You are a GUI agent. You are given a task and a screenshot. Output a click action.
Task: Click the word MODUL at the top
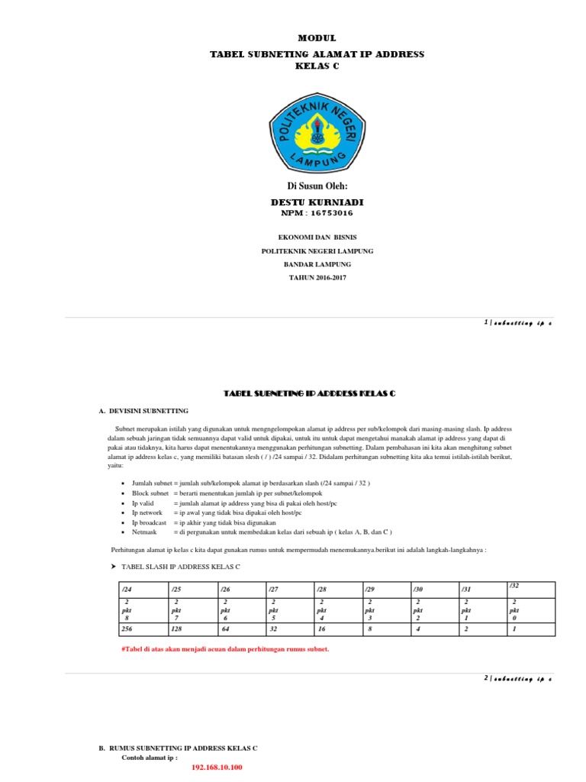(x=317, y=37)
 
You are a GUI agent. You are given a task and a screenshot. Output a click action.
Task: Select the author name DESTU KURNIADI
(x=317, y=202)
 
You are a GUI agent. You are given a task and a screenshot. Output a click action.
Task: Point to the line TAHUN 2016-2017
(x=317, y=277)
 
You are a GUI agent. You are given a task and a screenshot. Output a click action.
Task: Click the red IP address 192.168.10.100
(x=217, y=766)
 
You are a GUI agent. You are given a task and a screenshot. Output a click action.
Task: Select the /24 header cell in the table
(x=142, y=590)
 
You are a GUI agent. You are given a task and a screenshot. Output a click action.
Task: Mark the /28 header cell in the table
(x=336, y=590)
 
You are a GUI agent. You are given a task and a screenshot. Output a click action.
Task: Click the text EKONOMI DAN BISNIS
(x=317, y=238)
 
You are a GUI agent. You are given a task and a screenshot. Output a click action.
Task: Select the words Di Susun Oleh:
(x=317, y=186)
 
